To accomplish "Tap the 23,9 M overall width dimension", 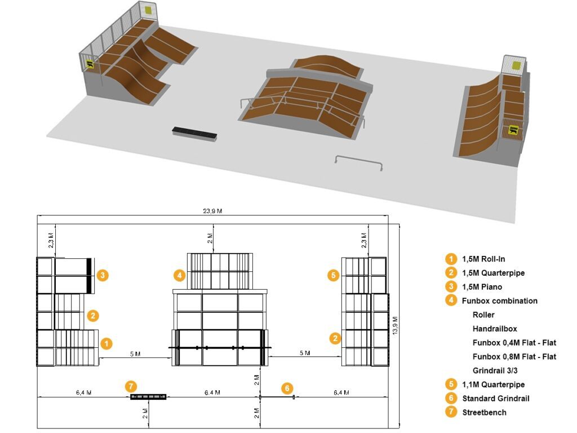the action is coord(212,211).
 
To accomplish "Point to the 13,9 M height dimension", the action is coord(395,325).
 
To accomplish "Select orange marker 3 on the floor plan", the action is coord(103,275).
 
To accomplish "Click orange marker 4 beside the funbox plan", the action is coord(179,275).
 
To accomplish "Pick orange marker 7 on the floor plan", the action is coord(131,386).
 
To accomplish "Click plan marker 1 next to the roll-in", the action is coord(106,343).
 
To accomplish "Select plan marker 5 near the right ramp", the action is coord(334,275).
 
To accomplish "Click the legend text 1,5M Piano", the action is coord(482,287).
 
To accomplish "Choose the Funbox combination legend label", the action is coord(500,301).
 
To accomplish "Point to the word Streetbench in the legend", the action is coord(484,412).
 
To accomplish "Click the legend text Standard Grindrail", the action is coord(496,399).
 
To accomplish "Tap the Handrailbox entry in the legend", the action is coord(495,329).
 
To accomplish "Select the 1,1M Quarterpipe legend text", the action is coord(494,385).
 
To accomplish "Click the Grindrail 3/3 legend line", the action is coord(495,370).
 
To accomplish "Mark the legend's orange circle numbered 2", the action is coord(451,273).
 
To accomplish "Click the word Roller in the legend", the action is coord(483,315).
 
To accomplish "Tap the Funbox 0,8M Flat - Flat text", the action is coord(514,356).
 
